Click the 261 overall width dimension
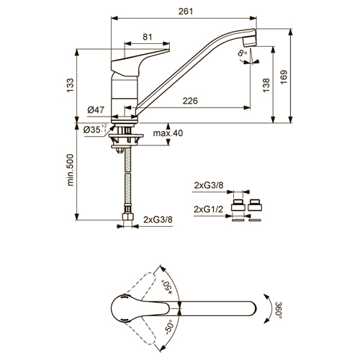pos(186,12)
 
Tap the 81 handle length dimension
pos(148,37)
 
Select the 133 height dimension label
pos(71,86)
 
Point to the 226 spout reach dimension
pos(190,101)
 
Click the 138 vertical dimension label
pos(266,85)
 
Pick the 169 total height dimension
pos(284,77)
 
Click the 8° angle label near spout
pos(243,53)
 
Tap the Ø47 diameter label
pos(96,110)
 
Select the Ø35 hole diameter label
pos(95,130)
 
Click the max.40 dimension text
pos(168,133)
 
